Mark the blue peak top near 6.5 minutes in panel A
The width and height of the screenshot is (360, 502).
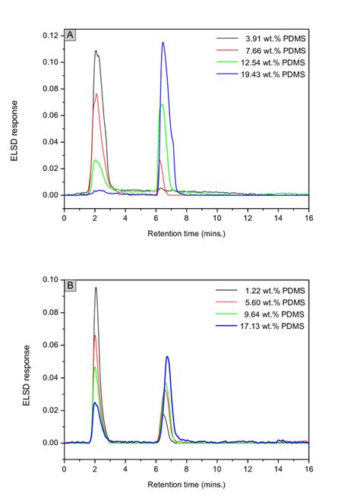tap(163, 43)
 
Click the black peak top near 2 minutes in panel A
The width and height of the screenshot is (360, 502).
tap(96, 51)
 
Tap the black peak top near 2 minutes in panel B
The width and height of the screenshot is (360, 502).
tap(96, 288)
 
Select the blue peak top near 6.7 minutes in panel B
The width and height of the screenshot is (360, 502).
tap(167, 356)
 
